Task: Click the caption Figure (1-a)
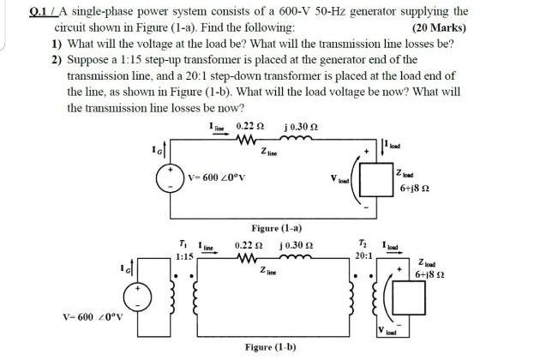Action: (x=276, y=229)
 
